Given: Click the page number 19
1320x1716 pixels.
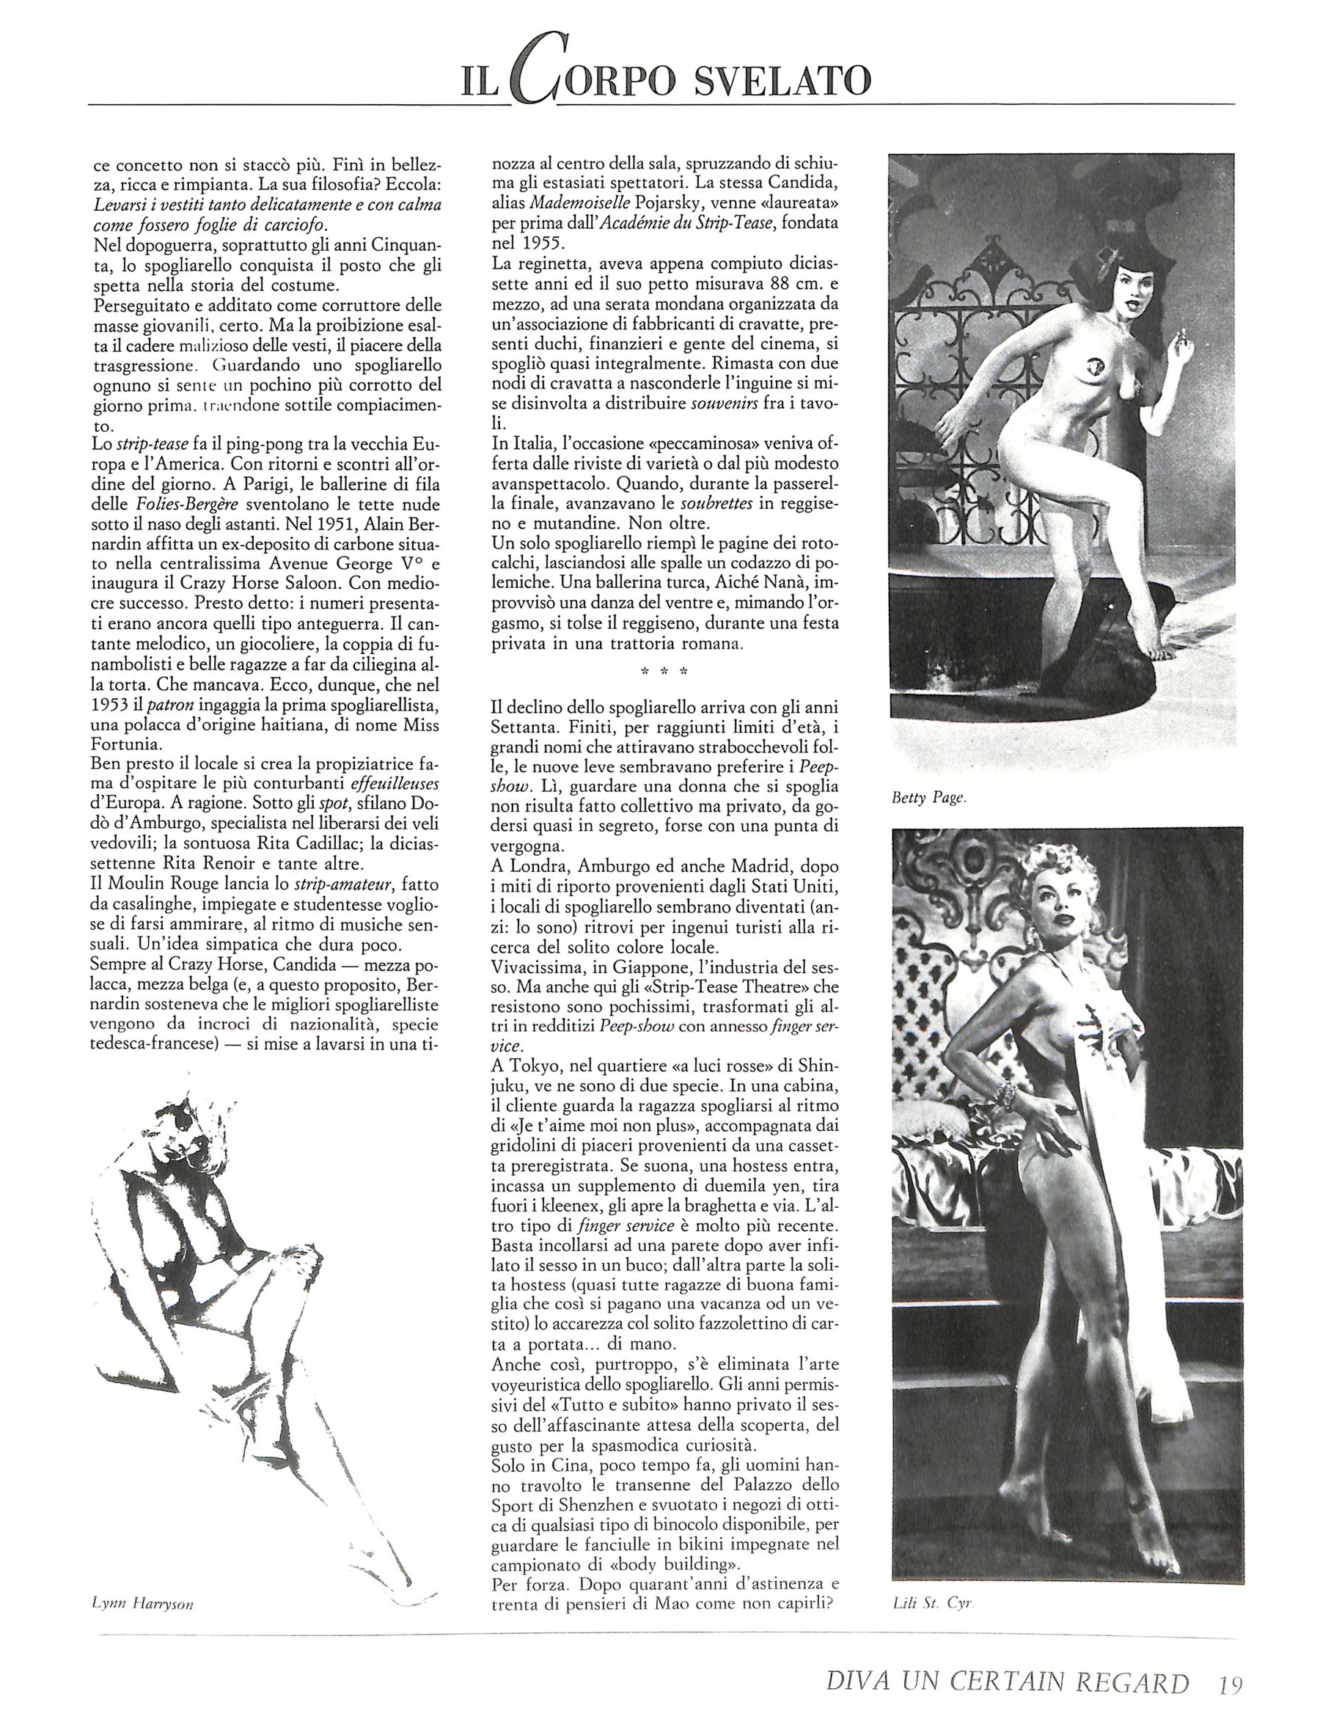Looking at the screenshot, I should click(x=1222, y=1684).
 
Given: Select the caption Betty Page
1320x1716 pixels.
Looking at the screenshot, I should click(x=927, y=799).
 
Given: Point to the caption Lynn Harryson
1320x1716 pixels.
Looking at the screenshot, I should click(x=142, y=1605).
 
